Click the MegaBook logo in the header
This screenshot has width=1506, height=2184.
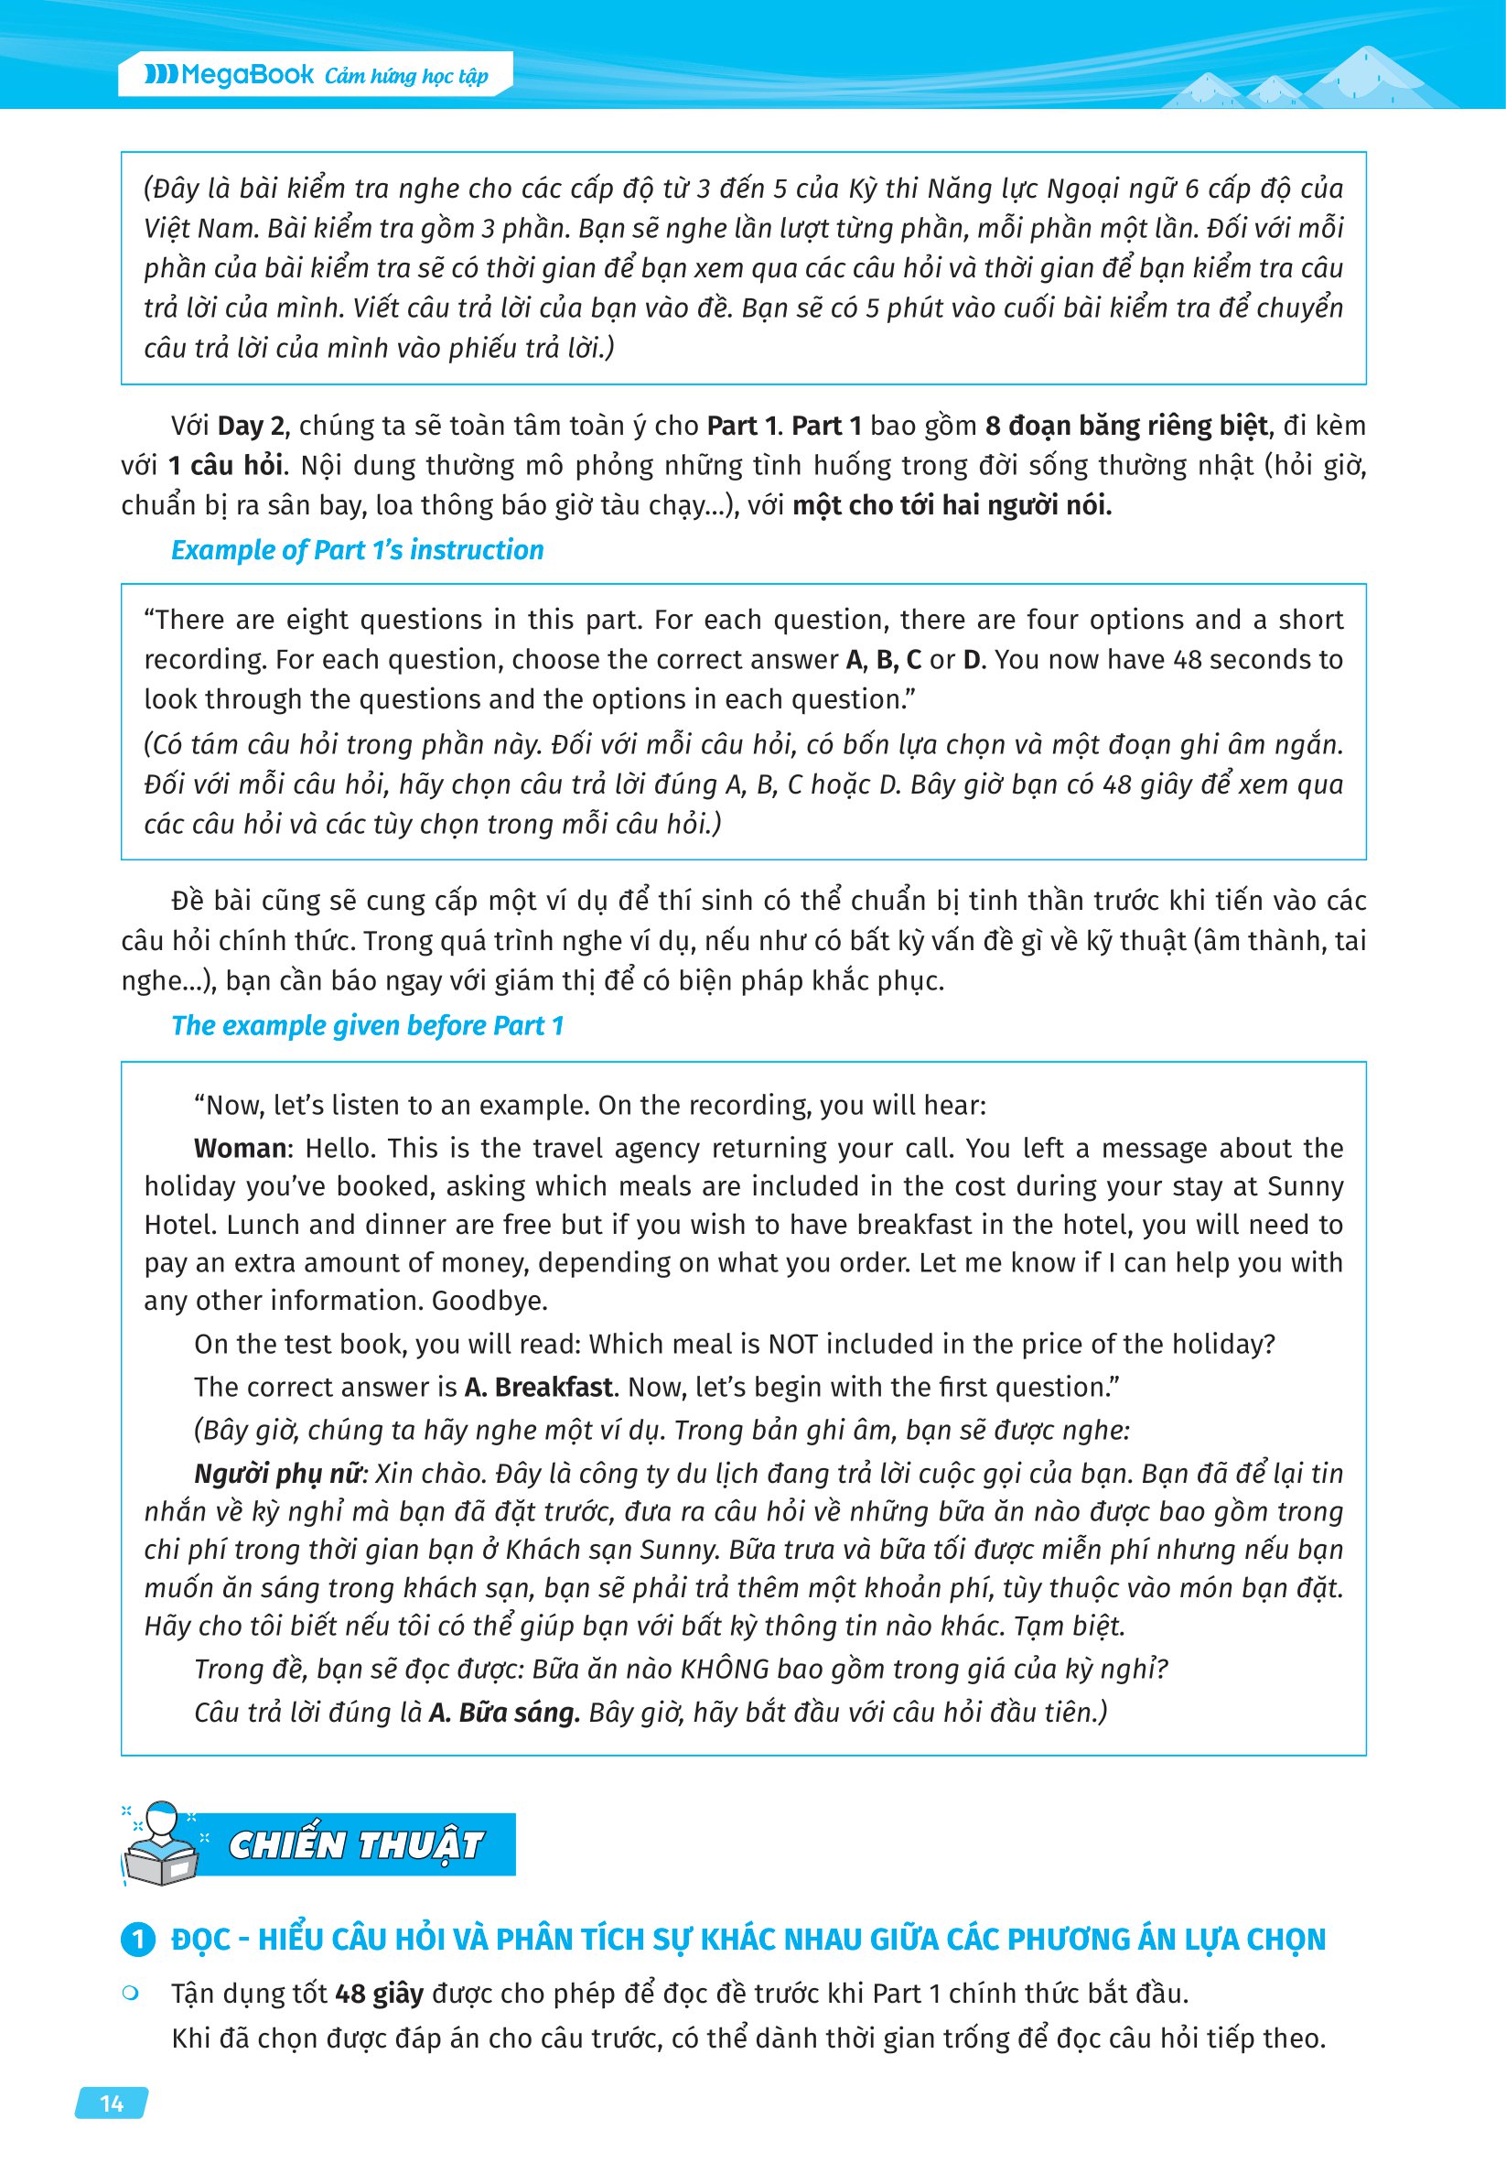pos(229,74)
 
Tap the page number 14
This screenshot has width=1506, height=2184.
pos(112,2103)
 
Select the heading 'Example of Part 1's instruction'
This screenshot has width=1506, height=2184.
pos(357,550)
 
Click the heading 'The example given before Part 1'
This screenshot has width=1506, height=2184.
pos(367,1025)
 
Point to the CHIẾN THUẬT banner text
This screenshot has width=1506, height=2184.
pos(356,1844)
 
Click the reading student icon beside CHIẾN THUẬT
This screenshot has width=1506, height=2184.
pos(161,1843)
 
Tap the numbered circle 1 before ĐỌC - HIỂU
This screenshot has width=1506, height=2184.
pos(138,1940)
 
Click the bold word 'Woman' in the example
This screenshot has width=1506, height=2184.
pos(241,1149)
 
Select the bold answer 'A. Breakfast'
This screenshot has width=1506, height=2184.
pos(539,1388)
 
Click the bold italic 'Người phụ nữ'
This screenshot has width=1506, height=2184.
pos(277,1474)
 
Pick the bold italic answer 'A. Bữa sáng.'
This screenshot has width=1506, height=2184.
pos(504,1712)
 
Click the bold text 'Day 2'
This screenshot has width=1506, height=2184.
pos(250,427)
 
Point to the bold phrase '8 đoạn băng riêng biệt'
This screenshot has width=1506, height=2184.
pos(1126,427)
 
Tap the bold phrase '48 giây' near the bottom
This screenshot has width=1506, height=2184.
pos(380,1994)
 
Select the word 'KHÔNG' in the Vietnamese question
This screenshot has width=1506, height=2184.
pos(725,1669)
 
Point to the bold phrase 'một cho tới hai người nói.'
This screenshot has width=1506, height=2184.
pos(952,506)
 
